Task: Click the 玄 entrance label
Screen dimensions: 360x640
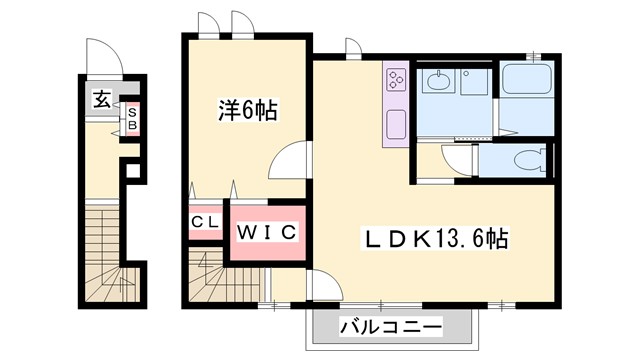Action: pyautogui.click(x=102, y=100)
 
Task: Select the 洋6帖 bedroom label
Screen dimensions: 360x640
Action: pyautogui.click(x=247, y=110)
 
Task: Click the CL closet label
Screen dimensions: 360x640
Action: pyautogui.click(x=205, y=223)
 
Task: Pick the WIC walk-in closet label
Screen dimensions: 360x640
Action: pyautogui.click(x=267, y=232)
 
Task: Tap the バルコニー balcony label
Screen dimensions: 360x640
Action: pyautogui.click(x=390, y=326)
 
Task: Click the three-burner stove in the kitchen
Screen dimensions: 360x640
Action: pyautogui.click(x=394, y=79)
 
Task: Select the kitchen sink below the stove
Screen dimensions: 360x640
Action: pyautogui.click(x=394, y=127)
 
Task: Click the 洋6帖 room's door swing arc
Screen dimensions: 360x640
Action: pyautogui.click(x=290, y=160)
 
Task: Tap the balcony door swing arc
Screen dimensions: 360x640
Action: pyautogui.click(x=322, y=288)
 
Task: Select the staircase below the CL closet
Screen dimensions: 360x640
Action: pyautogui.click(x=210, y=275)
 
